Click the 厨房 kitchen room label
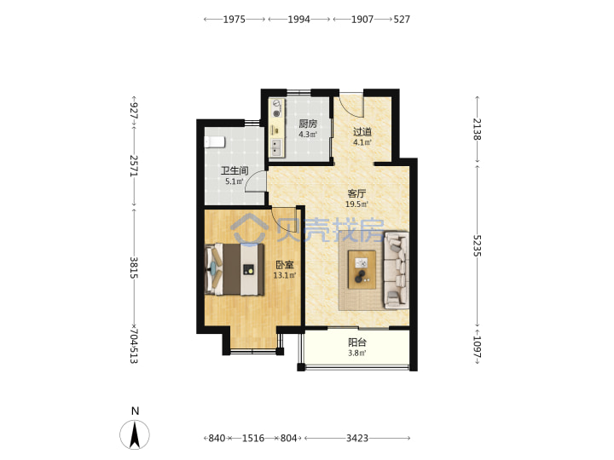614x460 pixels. [308, 124]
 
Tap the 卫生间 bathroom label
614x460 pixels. [235, 171]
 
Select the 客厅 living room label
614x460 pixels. [356, 193]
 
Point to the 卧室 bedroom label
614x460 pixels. [285, 265]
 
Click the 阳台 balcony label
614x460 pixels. [357, 342]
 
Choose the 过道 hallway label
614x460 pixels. [362, 132]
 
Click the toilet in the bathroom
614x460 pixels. [215, 142]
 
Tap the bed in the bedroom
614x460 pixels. [235, 269]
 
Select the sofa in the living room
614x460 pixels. [397, 270]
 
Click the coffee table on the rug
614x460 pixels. [362, 270]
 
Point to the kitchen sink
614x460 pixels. [277, 147]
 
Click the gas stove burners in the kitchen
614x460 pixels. [277, 109]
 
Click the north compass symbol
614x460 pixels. [135, 434]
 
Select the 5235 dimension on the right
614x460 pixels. [477, 245]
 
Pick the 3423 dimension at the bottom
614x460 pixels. [357, 439]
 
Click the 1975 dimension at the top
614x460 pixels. [235, 19]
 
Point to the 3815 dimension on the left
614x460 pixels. [134, 267]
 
